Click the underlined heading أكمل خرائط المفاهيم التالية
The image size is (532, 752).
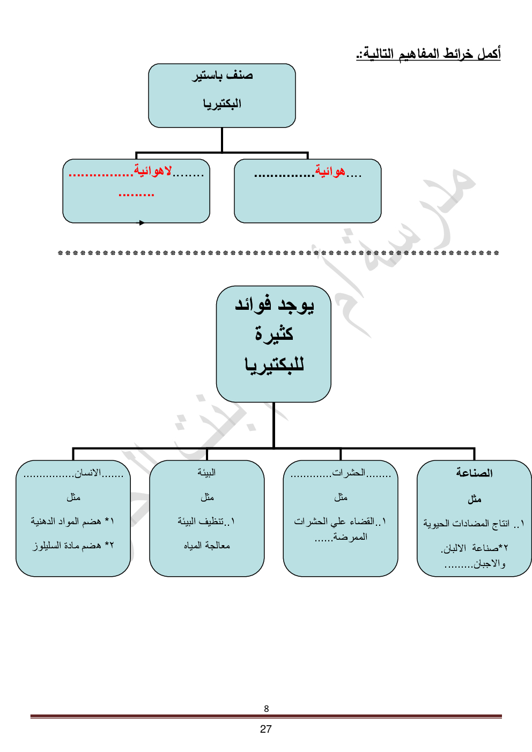point(428,54)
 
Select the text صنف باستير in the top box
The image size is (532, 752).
point(223,76)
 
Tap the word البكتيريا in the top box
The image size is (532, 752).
point(222,103)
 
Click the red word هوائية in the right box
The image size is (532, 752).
point(330,172)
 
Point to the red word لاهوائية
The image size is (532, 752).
point(153,171)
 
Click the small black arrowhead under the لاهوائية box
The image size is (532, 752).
point(142,222)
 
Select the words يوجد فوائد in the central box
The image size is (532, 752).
point(274,306)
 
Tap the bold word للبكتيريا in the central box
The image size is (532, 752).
point(274,365)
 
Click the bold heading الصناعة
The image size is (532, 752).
point(474,473)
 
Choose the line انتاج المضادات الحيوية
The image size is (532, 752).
point(467,524)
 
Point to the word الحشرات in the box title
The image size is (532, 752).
point(349,473)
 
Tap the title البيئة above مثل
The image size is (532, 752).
point(206,472)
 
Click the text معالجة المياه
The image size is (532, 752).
point(207,546)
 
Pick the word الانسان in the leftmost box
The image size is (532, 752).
point(88,473)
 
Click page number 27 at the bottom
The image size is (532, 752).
point(266,729)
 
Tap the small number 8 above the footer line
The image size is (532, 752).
point(267,709)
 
